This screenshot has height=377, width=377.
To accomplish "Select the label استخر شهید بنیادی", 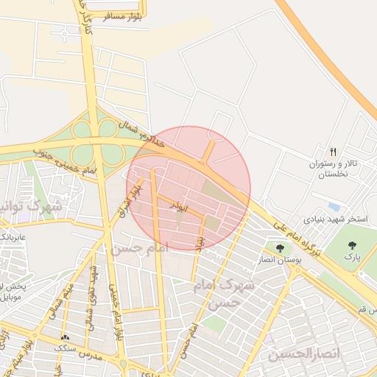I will tap(333, 219).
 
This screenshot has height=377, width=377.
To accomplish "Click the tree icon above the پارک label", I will tap(352, 244).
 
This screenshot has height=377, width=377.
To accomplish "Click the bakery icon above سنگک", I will tap(66, 337).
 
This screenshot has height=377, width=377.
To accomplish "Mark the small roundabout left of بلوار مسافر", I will tap(68, 33).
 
